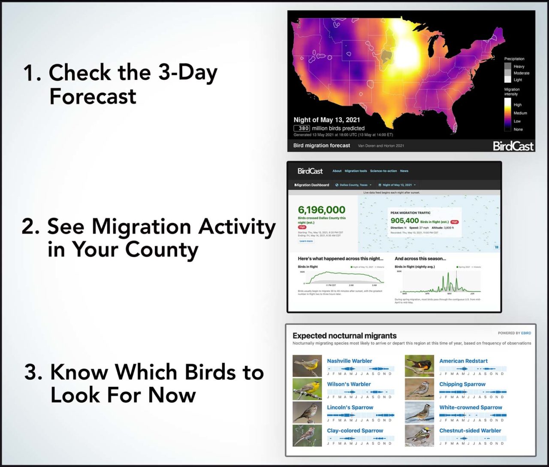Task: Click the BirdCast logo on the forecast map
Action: (513, 146)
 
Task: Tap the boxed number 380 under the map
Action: (302, 128)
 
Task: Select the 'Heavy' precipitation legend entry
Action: (519, 67)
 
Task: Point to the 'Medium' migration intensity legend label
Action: (520, 113)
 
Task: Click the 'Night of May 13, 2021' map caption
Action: (326, 120)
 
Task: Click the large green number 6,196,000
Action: (321, 210)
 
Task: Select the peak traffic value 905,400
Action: (404, 221)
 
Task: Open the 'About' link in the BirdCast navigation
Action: (337, 171)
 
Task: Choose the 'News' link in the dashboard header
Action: (404, 171)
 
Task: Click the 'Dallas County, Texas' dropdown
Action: (354, 185)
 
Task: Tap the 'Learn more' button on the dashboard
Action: (306, 241)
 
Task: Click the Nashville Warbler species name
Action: (349, 361)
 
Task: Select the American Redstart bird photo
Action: (419, 366)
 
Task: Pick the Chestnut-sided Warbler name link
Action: (470, 431)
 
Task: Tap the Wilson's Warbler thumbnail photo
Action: (307, 389)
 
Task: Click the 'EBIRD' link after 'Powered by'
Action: (526, 333)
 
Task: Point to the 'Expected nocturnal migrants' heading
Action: (344, 336)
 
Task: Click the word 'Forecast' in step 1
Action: (93, 96)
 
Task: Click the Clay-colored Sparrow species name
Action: (355, 431)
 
